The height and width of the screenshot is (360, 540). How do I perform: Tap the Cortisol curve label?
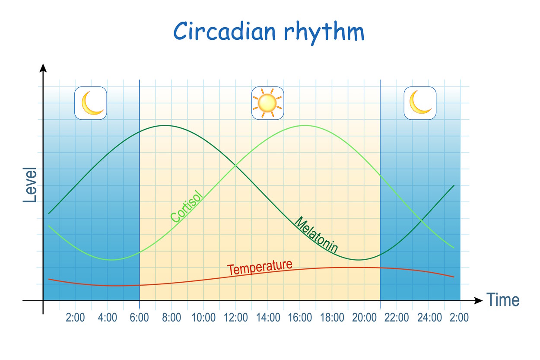pyautogui.click(x=186, y=206)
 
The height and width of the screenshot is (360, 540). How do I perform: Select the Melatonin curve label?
pyautogui.click(x=316, y=235)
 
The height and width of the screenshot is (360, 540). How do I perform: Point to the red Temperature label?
pyautogui.click(x=260, y=267)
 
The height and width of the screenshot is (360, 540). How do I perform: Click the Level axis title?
pyautogui.click(x=30, y=185)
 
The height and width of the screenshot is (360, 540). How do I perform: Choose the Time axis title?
pyautogui.click(x=503, y=300)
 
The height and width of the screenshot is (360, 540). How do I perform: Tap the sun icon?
pyautogui.click(x=267, y=103)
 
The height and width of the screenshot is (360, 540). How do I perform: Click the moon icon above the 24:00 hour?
pyautogui.click(x=420, y=103)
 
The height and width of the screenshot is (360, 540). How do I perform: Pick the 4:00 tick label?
pyautogui.click(x=107, y=318)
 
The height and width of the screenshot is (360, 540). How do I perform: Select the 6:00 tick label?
pyautogui.click(x=140, y=318)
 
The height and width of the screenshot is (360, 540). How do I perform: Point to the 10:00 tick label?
pyautogui.click(x=203, y=318)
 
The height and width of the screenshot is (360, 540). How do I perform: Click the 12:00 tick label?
pyautogui.click(x=236, y=318)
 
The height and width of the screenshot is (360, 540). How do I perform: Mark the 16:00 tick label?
pyautogui.click(x=300, y=318)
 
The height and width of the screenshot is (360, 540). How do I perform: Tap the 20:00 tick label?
pyautogui.click(x=364, y=318)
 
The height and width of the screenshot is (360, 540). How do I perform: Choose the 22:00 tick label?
pyautogui.click(x=397, y=318)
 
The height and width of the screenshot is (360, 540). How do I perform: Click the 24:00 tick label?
pyautogui.click(x=429, y=318)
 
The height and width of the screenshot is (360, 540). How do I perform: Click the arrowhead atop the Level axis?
pyautogui.click(x=43, y=68)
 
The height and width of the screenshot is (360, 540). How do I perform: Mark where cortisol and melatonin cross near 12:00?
pyautogui.click(x=235, y=166)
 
